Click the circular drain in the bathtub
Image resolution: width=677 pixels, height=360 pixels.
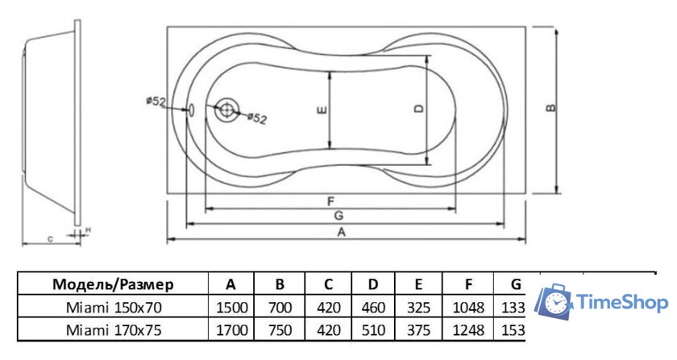click(228, 111)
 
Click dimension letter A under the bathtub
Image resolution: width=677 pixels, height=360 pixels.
click(341, 233)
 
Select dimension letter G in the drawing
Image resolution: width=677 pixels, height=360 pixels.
click(338, 215)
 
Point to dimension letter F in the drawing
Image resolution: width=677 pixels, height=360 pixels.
click(331, 201)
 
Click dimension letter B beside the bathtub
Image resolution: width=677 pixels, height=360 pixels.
click(550, 110)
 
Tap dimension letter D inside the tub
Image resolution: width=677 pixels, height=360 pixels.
click(418, 110)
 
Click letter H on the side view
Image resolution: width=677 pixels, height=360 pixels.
click(88, 230)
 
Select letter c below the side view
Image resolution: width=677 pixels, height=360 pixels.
click(50, 238)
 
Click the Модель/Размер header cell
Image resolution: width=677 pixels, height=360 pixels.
click(113, 283)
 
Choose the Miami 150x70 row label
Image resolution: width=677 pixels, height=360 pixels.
click(113, 307)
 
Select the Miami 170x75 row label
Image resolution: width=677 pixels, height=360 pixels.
click(113, 329)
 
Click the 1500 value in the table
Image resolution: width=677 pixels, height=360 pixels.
click(231, 307)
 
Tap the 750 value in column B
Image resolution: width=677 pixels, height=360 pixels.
click(279, 329)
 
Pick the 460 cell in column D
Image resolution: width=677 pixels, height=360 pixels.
click(372, 307)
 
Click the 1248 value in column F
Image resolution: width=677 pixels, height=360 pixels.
click(468, 329)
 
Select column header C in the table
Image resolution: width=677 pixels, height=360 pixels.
click(327, 283)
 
